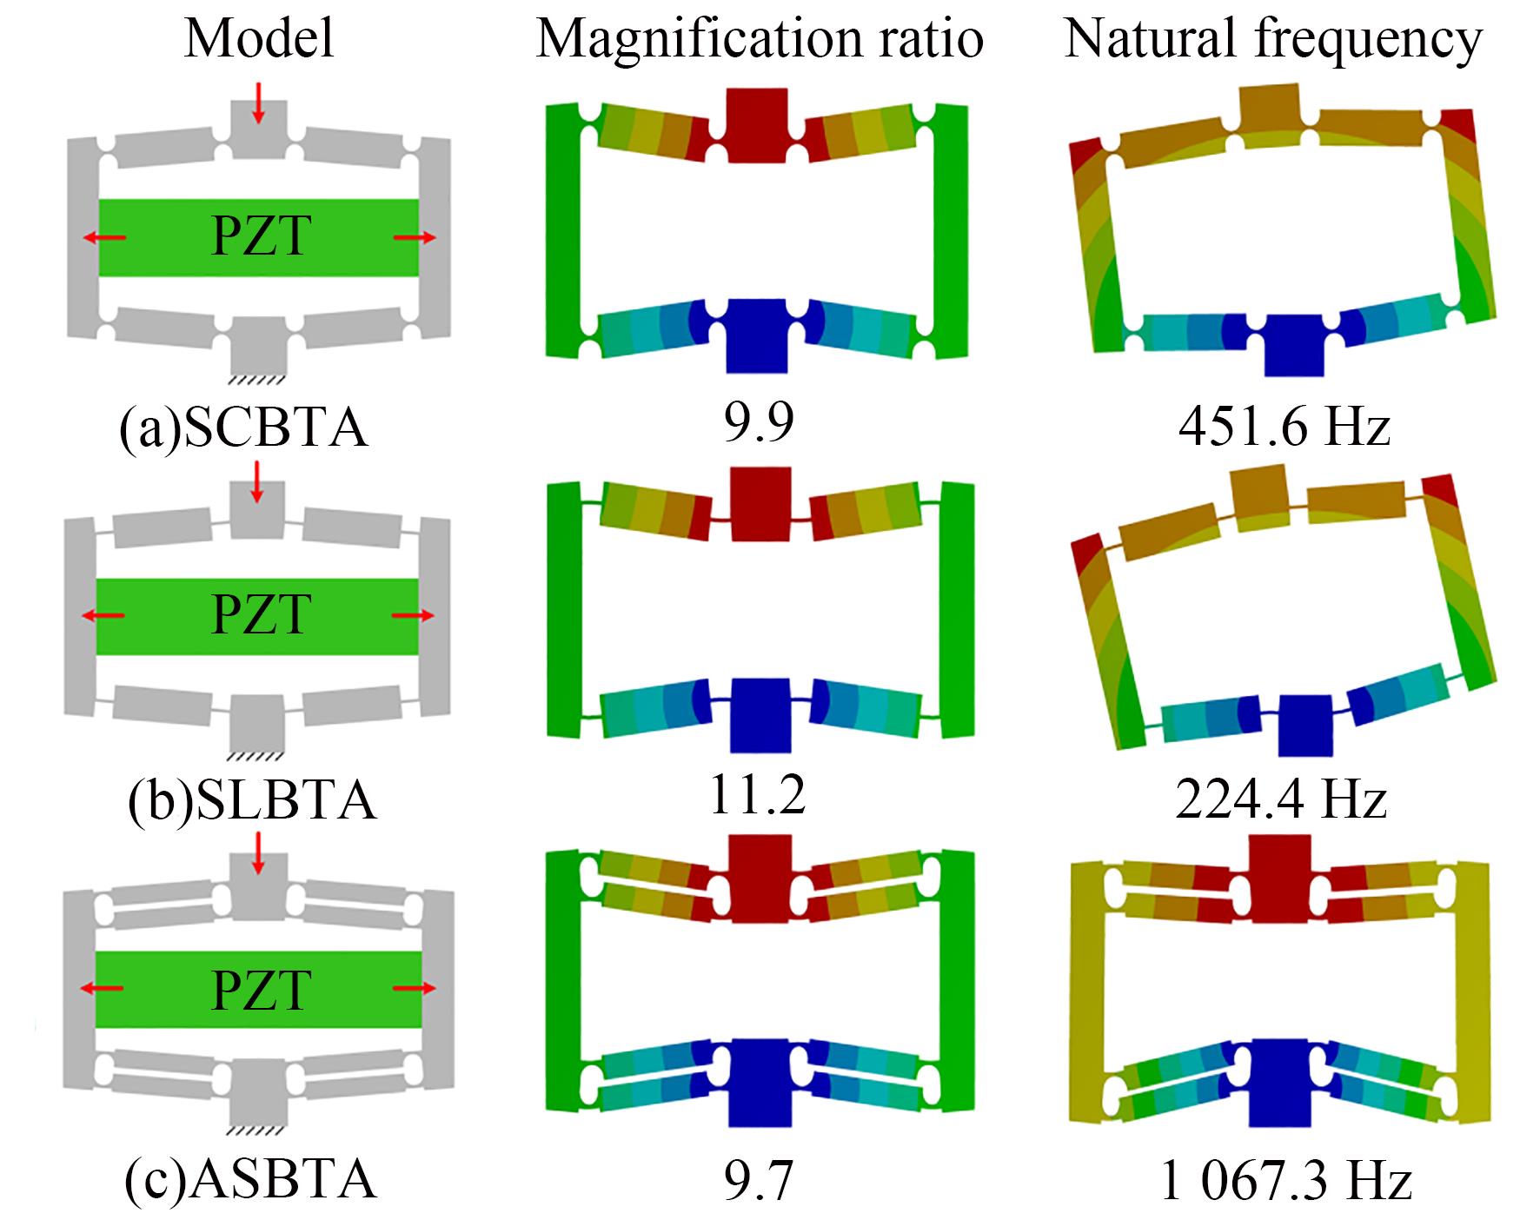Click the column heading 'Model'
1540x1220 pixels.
click(x=259, y=39)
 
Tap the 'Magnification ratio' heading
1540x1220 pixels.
click(x=760, y=39)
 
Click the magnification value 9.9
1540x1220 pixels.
click(x=759, y=422)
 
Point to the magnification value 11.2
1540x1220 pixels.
click(x=758, y=795)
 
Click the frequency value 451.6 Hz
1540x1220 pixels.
click(x=1284, y=427)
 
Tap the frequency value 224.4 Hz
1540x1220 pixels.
click(x=1281, y=799)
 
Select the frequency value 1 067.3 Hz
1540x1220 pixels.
click(x=1285, y=1182)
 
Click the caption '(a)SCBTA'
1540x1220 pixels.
click(x=244, y=428)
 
